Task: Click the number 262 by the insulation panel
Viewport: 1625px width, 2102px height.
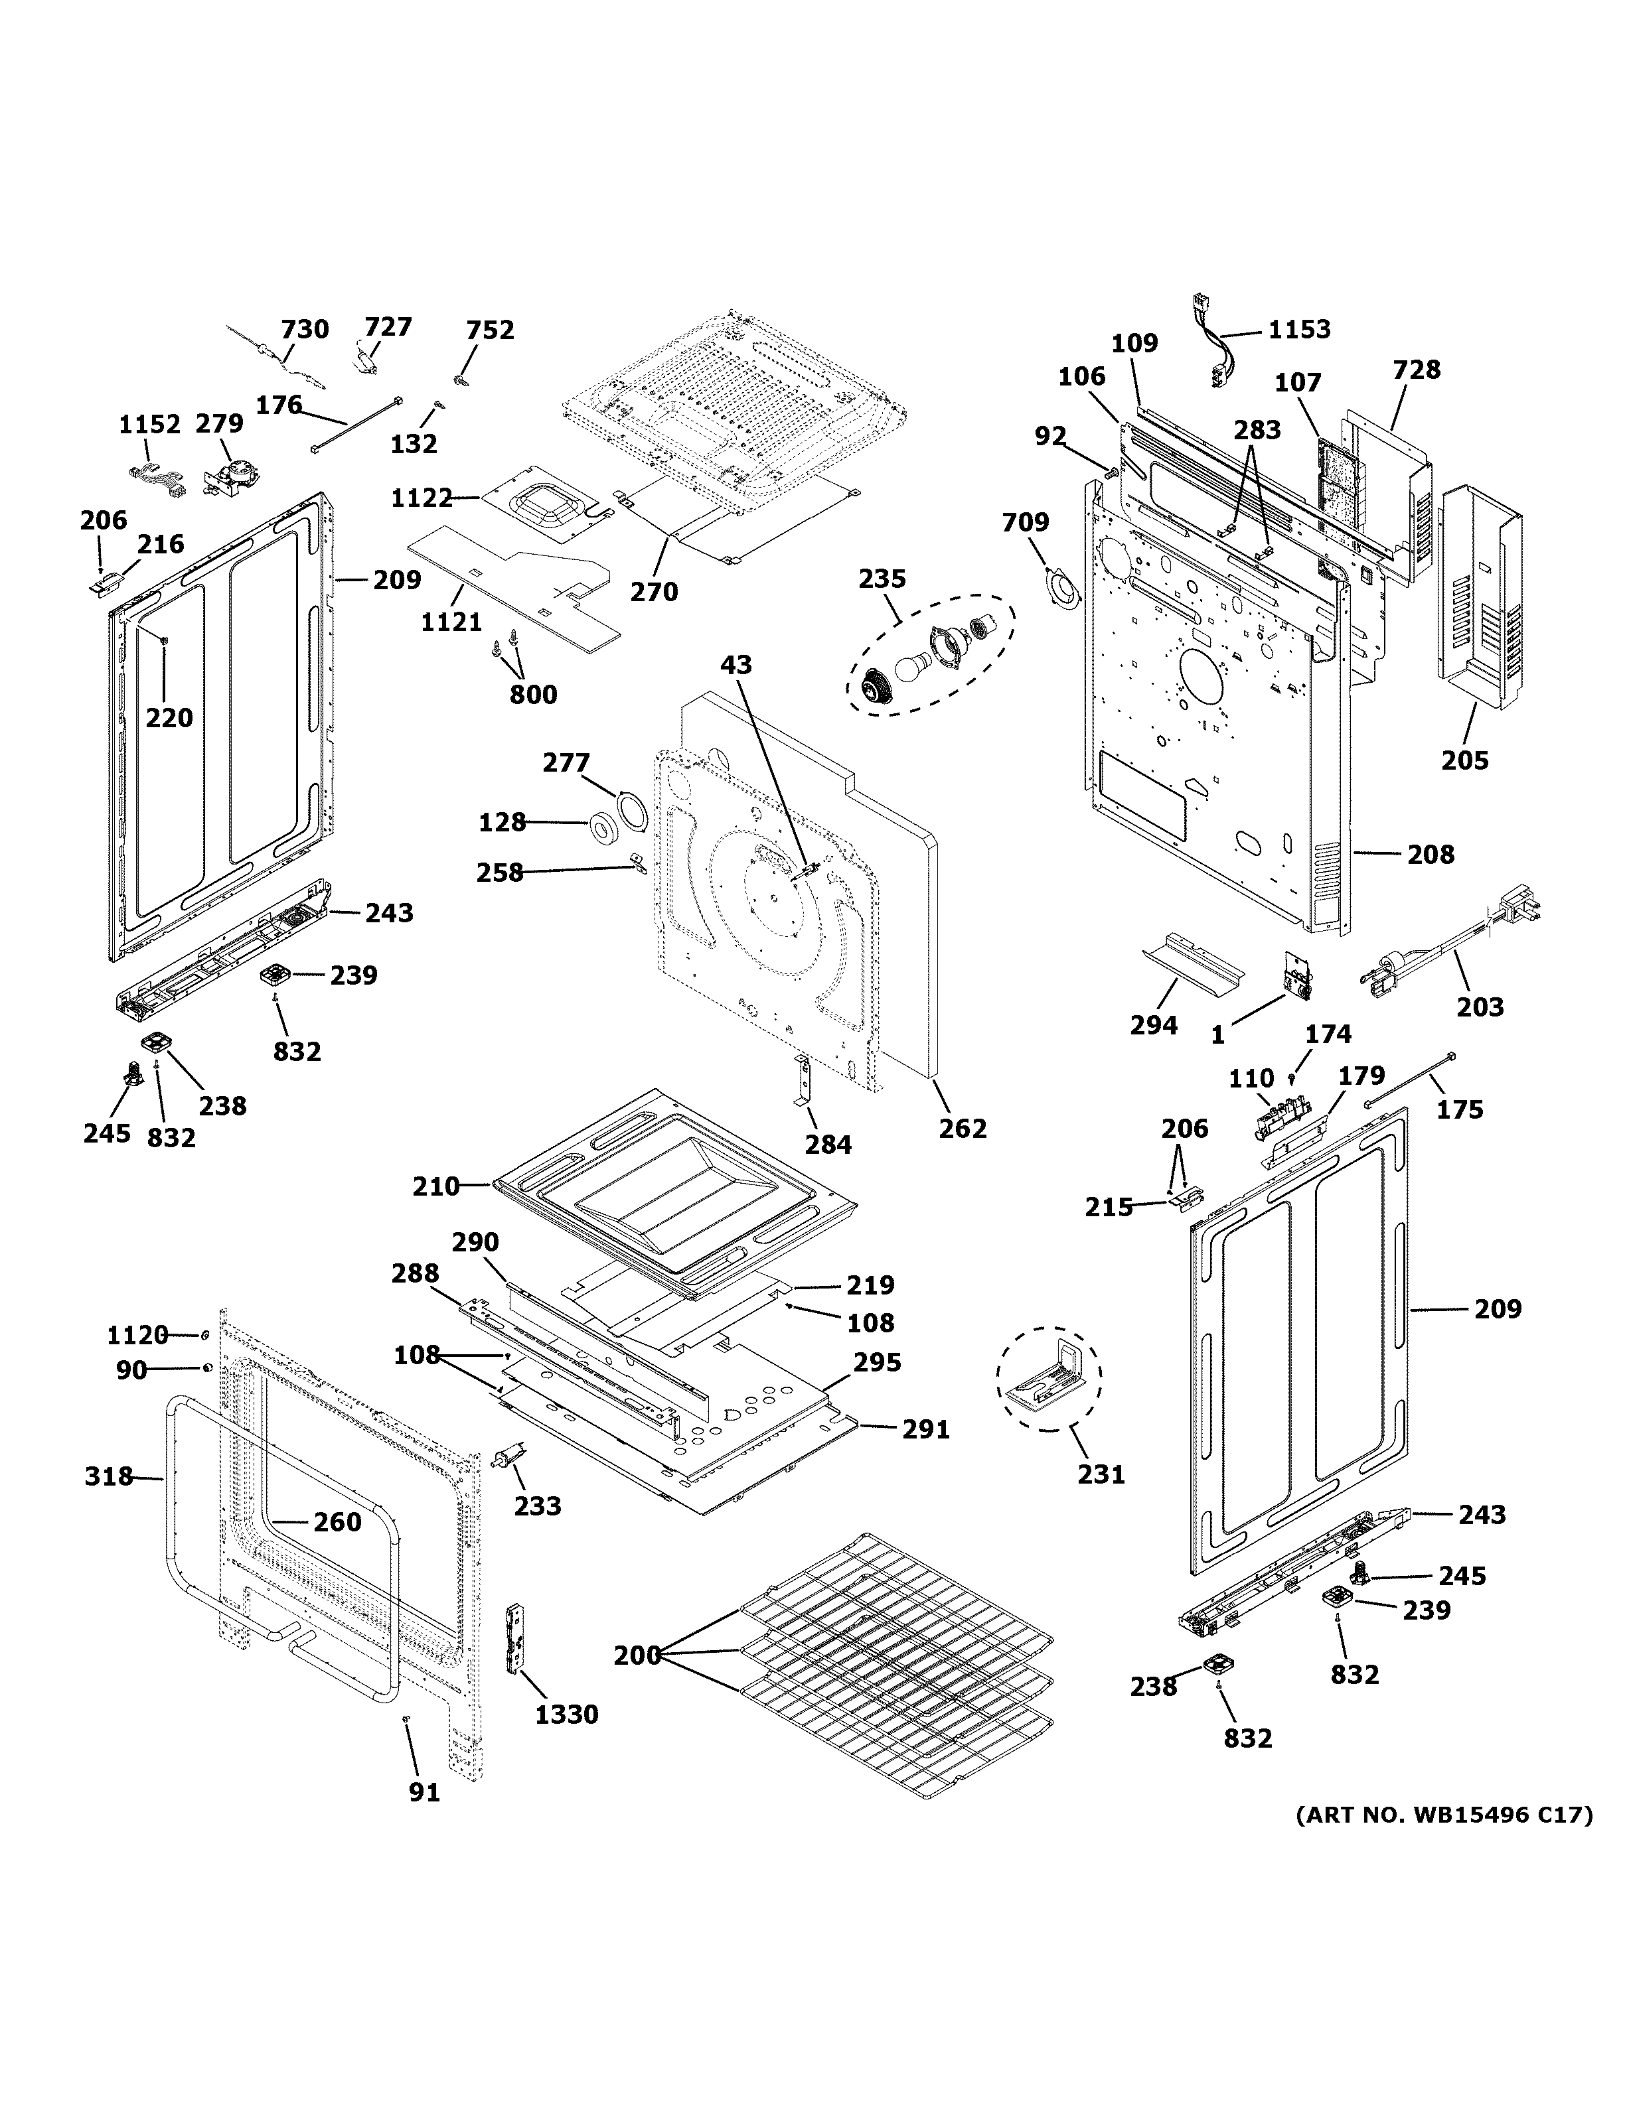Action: point(963,1128)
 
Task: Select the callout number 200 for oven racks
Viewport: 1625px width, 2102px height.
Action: point(637,1655)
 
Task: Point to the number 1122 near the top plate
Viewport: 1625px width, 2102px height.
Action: point(422,498)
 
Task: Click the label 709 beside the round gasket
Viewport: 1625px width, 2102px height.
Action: point(1026,523)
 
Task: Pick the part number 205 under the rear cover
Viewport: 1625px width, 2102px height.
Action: point(1464,760)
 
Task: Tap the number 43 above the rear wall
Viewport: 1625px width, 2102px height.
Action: point(736,665)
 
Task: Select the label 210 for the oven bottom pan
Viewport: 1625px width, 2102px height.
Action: point(436,1187)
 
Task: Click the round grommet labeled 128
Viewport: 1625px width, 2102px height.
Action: point(605,827)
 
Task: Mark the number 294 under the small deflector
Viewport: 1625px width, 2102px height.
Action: point(1153,1026)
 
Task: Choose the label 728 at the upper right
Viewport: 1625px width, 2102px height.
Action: point(1417,370)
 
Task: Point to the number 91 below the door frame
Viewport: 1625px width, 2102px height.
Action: point(425,1792)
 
